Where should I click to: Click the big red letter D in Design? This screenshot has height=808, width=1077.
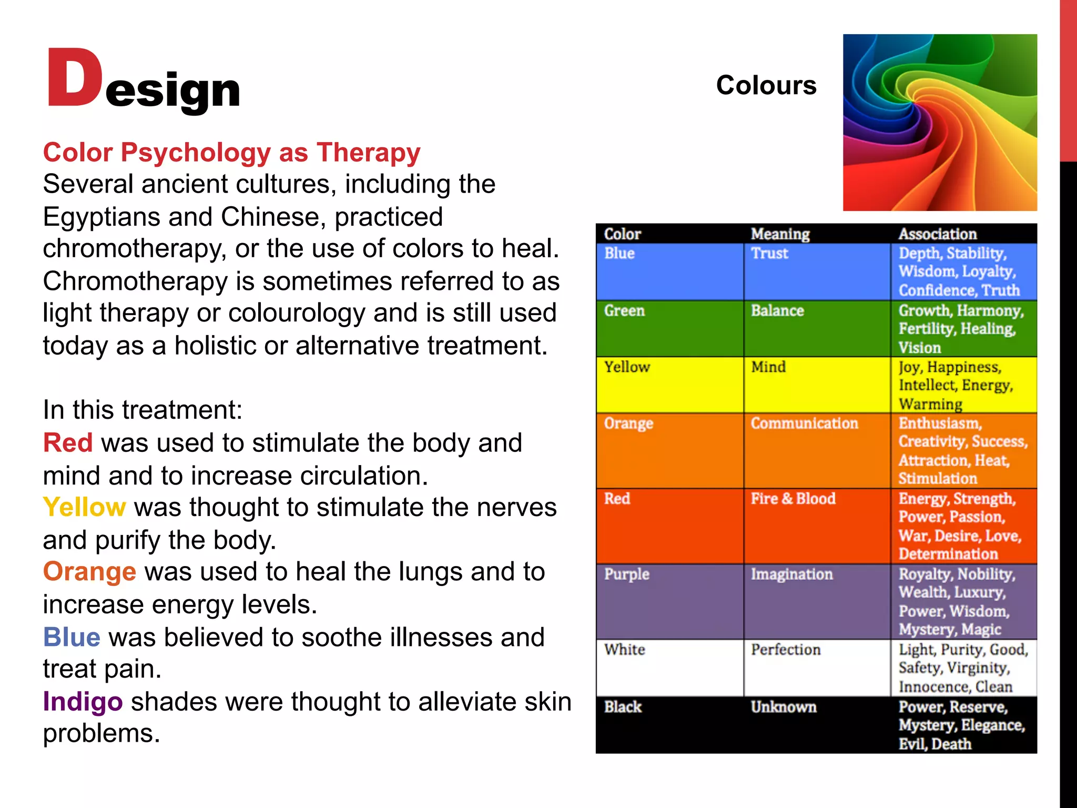pos(75,78)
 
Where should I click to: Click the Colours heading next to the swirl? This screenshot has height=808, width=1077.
pos(766,85)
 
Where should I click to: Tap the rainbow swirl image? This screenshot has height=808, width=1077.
pos(940,123)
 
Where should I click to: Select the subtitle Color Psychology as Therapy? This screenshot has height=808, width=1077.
pos(231,153)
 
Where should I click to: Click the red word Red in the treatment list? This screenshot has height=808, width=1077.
pos(68,443)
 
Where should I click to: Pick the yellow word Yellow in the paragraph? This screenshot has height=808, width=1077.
pos(84,508)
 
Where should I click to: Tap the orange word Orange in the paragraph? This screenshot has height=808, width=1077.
pos(89,572)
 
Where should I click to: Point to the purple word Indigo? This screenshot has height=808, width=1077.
pos(83,702)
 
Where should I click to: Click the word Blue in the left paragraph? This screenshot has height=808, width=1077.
pos(72,637)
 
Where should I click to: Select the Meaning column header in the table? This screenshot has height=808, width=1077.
pos(780,234)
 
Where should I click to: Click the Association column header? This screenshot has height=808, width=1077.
pos(937,234)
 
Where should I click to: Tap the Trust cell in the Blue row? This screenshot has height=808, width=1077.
pos(769,254)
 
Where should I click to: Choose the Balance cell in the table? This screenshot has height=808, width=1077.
pos(777,311)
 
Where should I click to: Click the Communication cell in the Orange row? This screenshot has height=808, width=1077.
pos(804,423)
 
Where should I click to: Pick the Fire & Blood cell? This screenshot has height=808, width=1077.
pos(793,499)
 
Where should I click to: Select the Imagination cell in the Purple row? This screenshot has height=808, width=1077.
pos(791,574)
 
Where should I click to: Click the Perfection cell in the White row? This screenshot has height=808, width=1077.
pos(786,650)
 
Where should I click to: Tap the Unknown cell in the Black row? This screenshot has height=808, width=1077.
pos(784,707)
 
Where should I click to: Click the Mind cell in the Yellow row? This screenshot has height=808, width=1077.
pos(768,367)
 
